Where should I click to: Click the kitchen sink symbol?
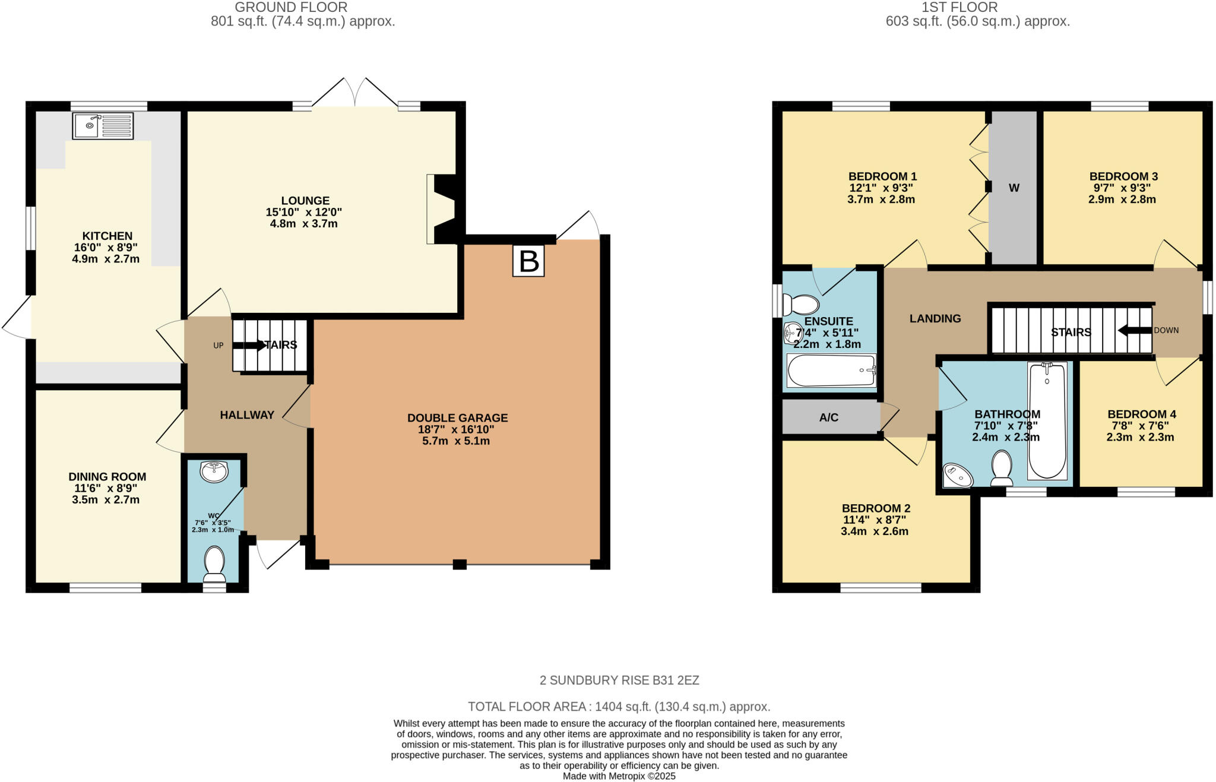click(103, 126)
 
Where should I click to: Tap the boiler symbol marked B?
click(528, 261)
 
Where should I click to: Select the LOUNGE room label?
click(305, 201)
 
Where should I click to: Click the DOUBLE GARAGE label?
click(457, 418)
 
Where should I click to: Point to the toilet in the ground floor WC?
click(214, 564)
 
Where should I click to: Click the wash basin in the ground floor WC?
click(214, 472)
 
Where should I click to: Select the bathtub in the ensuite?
click(831, 371)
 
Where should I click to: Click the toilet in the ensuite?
click(801, 305)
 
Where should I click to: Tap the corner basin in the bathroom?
click(957, 476)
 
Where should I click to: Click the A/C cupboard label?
click(829, 417)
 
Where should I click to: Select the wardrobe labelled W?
click(1014, 188)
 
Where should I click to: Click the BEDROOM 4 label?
click(1141, 414)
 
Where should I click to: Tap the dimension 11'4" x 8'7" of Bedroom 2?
click(875, 520)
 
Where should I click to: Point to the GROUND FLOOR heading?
click(291, 7)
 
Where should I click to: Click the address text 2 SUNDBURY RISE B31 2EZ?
click(619, 680)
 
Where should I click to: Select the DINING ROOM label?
click(107, 477)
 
